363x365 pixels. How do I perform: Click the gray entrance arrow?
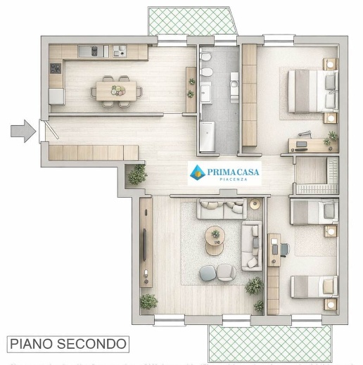click(23, 131)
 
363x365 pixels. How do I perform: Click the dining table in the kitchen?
click(117, 89)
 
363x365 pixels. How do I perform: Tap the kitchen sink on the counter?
click(91, 51)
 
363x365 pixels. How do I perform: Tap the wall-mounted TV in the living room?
click(144, 242)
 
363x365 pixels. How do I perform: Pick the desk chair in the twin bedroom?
click(284, 248)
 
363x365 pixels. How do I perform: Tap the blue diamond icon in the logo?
click(197, 171)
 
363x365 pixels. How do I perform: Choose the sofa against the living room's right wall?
click(250, 245)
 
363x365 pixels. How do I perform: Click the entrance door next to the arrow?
click(44, 131)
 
